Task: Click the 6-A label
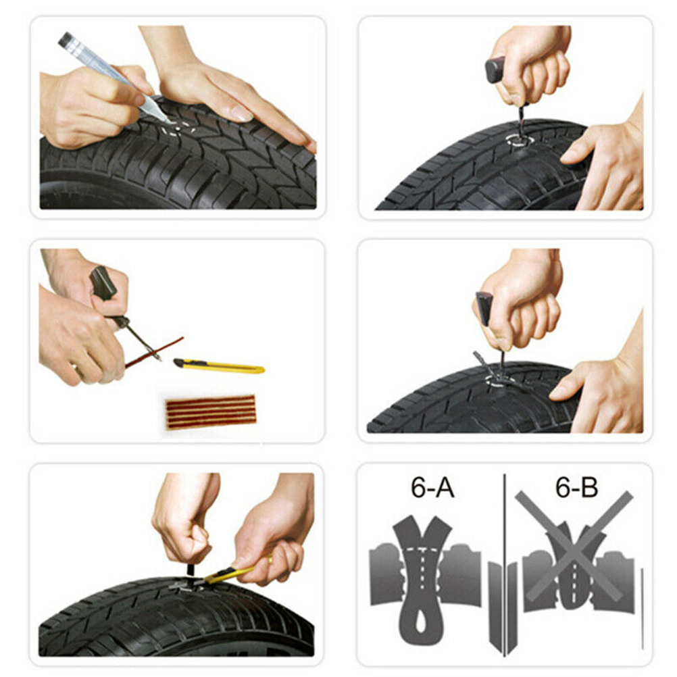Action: click(432, 488)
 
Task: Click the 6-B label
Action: click(576, 487)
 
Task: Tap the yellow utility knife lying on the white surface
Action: click(219, 366)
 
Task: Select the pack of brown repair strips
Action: click(211, 412)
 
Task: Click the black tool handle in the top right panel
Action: click(495, 70)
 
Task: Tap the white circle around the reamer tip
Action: click(520, 141)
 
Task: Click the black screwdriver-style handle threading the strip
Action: click(102, 283)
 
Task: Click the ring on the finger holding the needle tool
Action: click(74, 367)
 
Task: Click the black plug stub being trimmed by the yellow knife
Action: click(191, 570)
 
